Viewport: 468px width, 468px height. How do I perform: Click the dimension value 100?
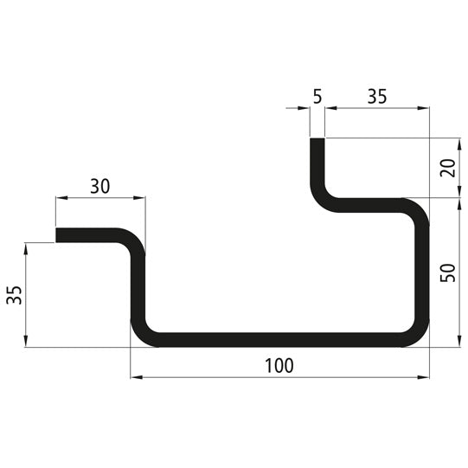[279, 365]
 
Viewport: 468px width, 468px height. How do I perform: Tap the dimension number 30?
[100, 185]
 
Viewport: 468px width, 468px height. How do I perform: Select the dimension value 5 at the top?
[317, 96]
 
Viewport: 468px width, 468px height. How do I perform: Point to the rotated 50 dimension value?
[446, 272]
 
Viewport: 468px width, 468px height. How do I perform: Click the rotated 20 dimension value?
[446, 168]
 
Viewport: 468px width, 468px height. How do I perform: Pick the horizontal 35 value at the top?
[376, 96]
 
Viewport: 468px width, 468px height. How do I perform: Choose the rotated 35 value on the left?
[14, 295]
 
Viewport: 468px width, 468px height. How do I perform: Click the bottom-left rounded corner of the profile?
[141, 334]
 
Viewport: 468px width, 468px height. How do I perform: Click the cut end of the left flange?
[58, 234]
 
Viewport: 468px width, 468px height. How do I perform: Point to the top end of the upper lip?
[317, 139]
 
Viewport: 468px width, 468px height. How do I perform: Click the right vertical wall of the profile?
[423, 272]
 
